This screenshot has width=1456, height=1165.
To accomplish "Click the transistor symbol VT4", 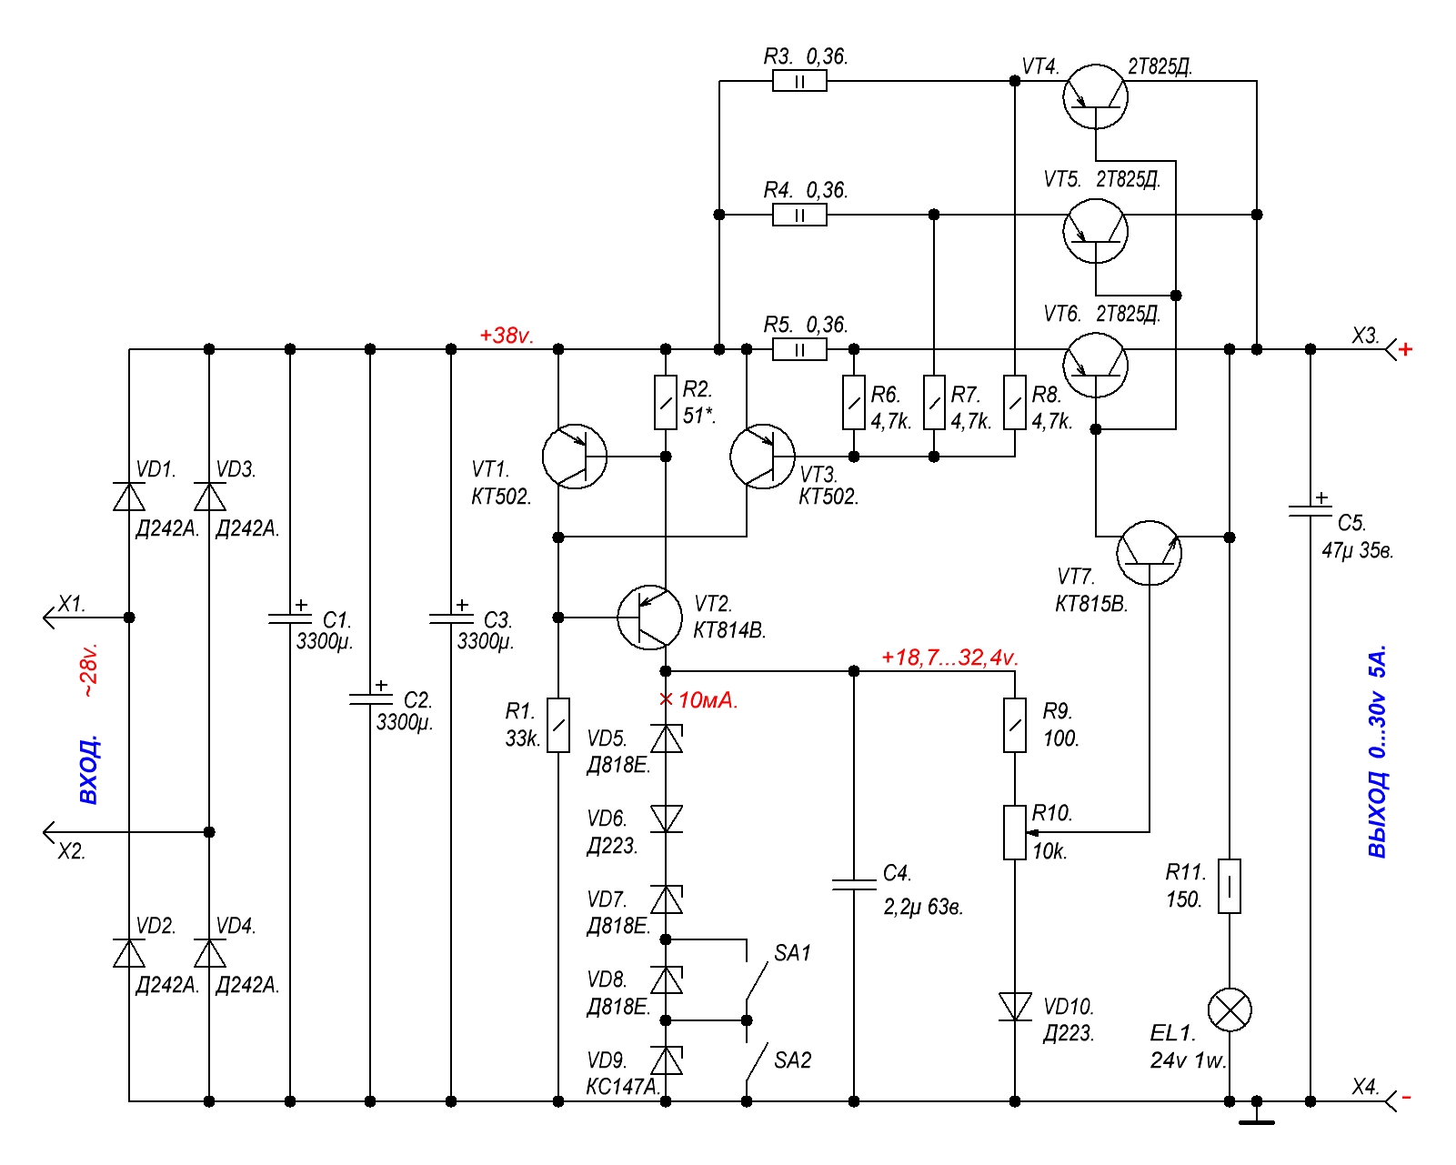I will pos(1095,96).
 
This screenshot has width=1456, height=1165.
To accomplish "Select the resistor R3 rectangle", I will pos(799,82).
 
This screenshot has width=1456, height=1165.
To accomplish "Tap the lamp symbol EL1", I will pos(1230,1010).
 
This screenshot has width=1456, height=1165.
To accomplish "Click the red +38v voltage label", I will pos(506,336).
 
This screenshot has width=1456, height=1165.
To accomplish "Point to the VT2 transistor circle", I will pos(649,618).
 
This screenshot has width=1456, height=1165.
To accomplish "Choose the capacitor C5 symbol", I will pos(1310,512).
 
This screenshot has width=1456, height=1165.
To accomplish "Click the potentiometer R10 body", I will pos(1015,832).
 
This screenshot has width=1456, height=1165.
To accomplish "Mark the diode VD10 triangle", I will pos(1015,1007).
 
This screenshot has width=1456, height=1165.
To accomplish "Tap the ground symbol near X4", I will pos(1257,1118).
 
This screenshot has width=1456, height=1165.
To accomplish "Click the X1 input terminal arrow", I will pos(51,618).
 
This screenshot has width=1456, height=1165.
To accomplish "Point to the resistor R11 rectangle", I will pos(1230,886).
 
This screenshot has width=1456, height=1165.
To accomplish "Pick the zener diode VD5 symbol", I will pos(666,738).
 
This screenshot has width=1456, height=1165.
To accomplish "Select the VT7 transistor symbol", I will pos(1150,552).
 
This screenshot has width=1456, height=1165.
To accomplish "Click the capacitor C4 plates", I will pos(854,885).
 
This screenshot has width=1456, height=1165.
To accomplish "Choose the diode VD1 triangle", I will pos(129,497).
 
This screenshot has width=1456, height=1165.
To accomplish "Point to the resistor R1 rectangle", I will pos(558,725).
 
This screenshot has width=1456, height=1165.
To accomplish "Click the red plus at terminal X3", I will pos(1406,349).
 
